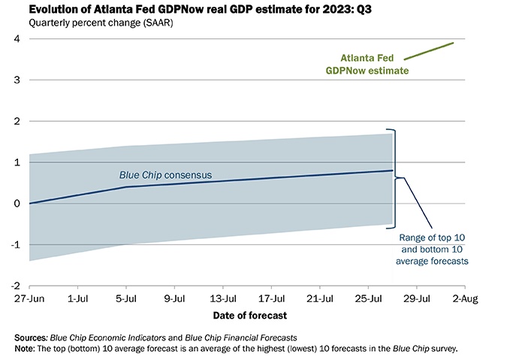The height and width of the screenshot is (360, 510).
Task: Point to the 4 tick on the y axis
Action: (x=17, y=39)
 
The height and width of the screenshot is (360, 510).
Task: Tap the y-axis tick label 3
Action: (x=17, y=80)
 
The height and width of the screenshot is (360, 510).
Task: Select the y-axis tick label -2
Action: (x=15, y=286)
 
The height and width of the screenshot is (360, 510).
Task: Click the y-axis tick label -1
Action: (x=15, y=245)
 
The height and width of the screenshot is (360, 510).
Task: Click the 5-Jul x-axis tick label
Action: (x=126, y=299)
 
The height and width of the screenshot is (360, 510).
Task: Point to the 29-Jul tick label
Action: (x=417, y=299)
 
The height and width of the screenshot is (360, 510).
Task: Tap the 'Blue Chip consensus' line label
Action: (x=166, y=175)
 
